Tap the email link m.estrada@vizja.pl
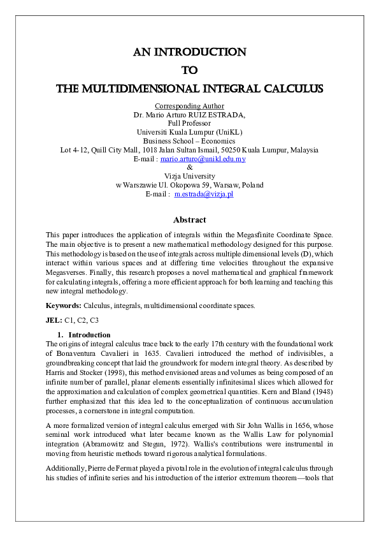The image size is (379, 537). pyautogui.click(x=204, y=194)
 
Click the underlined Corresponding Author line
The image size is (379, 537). pyautogui.click(x=189, y=105)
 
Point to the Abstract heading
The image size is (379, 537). pyautogui.click(x=189, y=219)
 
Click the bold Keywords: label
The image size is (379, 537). pyautogui.click(x=64, y=305)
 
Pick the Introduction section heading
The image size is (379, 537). pyautogui.click(x=89, y=335)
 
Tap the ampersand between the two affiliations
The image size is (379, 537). pyautogui.click(x=189, y=167)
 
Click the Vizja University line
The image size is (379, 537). pyautogui.click(x=189, y=176)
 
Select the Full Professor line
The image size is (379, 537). pyautogui.click(x=189, y=123)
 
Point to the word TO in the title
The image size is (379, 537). pyautogui.click(x=189, y=70)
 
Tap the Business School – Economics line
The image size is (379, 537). pyautogui.click(x=189, y=141)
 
